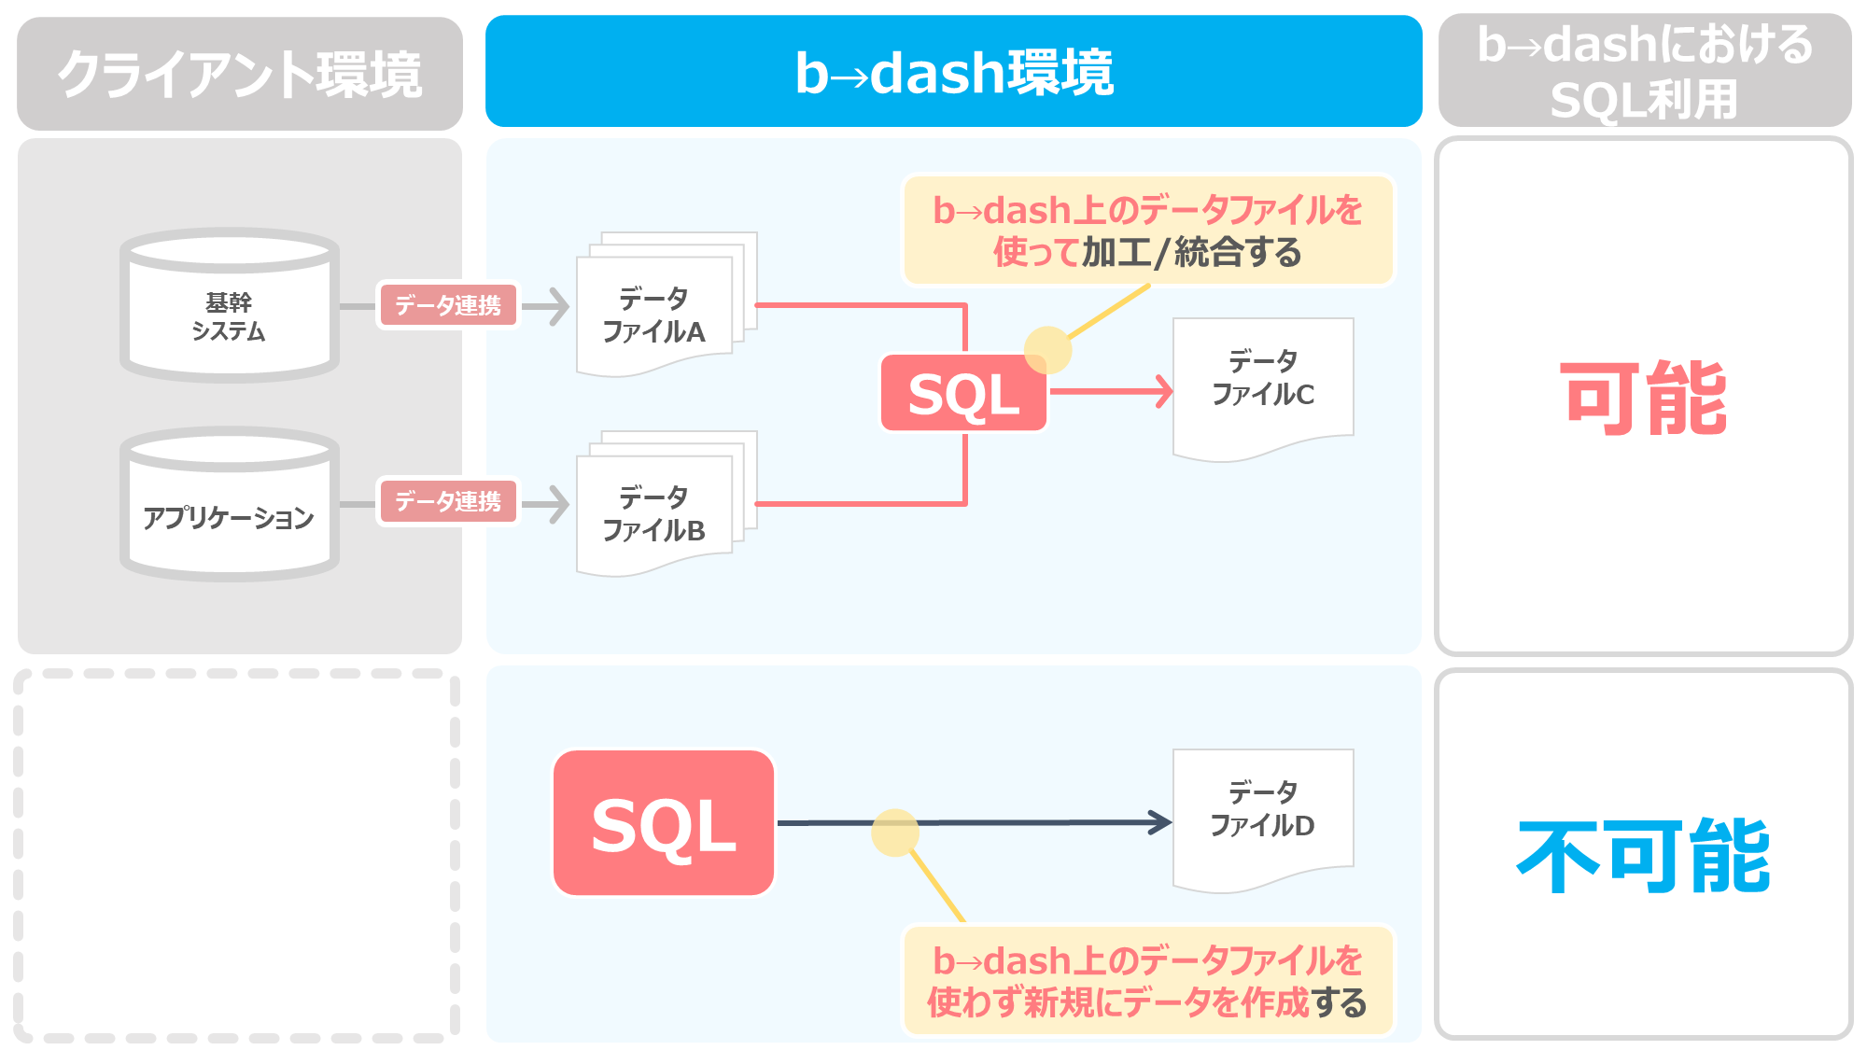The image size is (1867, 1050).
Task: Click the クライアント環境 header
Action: [x=240, y=73]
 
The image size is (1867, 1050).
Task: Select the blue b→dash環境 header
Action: [x=953, y=71]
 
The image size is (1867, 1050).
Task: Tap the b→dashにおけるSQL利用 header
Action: [x=1645, y=70]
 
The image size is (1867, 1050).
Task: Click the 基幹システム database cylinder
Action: [x=230, y=305]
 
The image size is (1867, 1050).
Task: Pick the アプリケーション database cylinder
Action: [x=230, y=504]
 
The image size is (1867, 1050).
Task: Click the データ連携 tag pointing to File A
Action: [x=448, y=305]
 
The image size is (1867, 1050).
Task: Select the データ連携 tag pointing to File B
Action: [x=448, y=501]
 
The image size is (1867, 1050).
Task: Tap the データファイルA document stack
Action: [x=667, y=304]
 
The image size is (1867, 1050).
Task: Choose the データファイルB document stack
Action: [x=667, y=504]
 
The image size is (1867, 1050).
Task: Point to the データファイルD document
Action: [x=1263, y=820]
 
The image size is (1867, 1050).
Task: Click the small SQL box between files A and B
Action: [x=963, y=393]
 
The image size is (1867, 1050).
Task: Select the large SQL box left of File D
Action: [x=664, y=823]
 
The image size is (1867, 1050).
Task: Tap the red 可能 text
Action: [x=1644, y=399]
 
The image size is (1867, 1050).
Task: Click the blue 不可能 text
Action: [x=1644, y=855]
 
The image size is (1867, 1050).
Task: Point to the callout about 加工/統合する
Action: [x=1147, y=231]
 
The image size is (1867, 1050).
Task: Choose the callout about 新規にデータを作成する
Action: [x=1147, y=981]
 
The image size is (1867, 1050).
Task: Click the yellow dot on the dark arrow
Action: [x=895, y=833]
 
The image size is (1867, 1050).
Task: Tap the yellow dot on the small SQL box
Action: [x=1047, y=350]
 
